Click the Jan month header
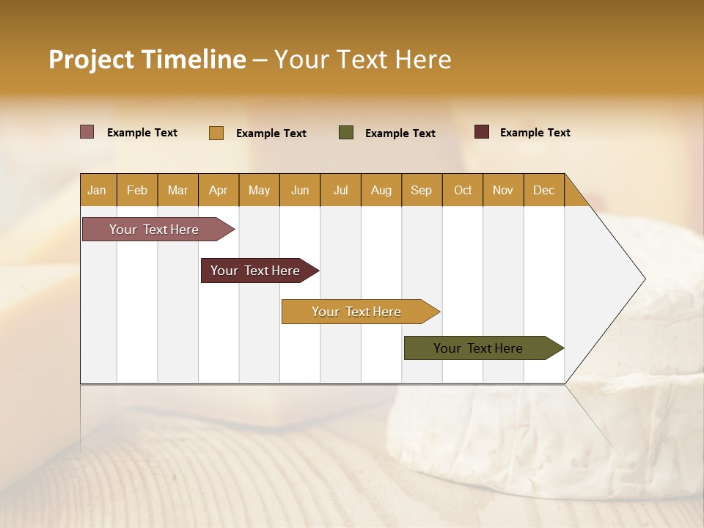97,190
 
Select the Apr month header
218,190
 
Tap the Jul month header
340,190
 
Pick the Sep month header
421,190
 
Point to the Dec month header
543,190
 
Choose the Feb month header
137,190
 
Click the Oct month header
463,190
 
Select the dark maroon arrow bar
257,271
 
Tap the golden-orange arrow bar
357,312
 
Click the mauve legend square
87,132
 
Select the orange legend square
216,133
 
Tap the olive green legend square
346,133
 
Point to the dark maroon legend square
482,132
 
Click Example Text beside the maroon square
535,133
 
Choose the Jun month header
300,190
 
